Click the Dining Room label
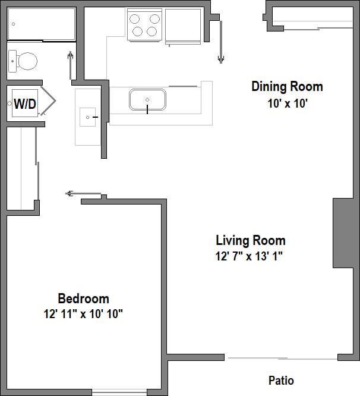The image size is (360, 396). pyautogui.click(x=287, y=86)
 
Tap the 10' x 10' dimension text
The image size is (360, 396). pyautogui.click(x=287, y=102)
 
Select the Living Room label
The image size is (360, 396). pyautogui.click(x=250, y=240)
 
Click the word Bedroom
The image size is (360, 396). pyautogui.click(x=83, y=298)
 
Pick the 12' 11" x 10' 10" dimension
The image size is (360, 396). pyautogui.click(x=83, y=313)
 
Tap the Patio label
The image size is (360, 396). pyautogui.click(x=281, y=381)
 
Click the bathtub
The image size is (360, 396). pyautogui.click(x=41, y=24)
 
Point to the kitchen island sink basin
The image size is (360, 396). pyautogui.click(x=147, y=99)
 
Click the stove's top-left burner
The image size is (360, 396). pyautogui.click(x=136, y=18)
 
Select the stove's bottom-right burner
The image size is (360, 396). pyautogui.click(x=153, y=32)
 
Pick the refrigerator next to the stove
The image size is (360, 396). pyautogui.click(x=183, y=26)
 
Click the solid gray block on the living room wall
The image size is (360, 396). pyautogui.click(x=343, y=233)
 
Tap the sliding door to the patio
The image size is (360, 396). pyautogui.click(x=282, y=358)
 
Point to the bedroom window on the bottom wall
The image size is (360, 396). pyautogui.click(x=119, y=392)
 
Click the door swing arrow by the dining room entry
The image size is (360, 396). pyautogui.click(x=222, y=42)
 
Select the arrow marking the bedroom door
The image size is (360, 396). pyautogui.click(x=71, y=193)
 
